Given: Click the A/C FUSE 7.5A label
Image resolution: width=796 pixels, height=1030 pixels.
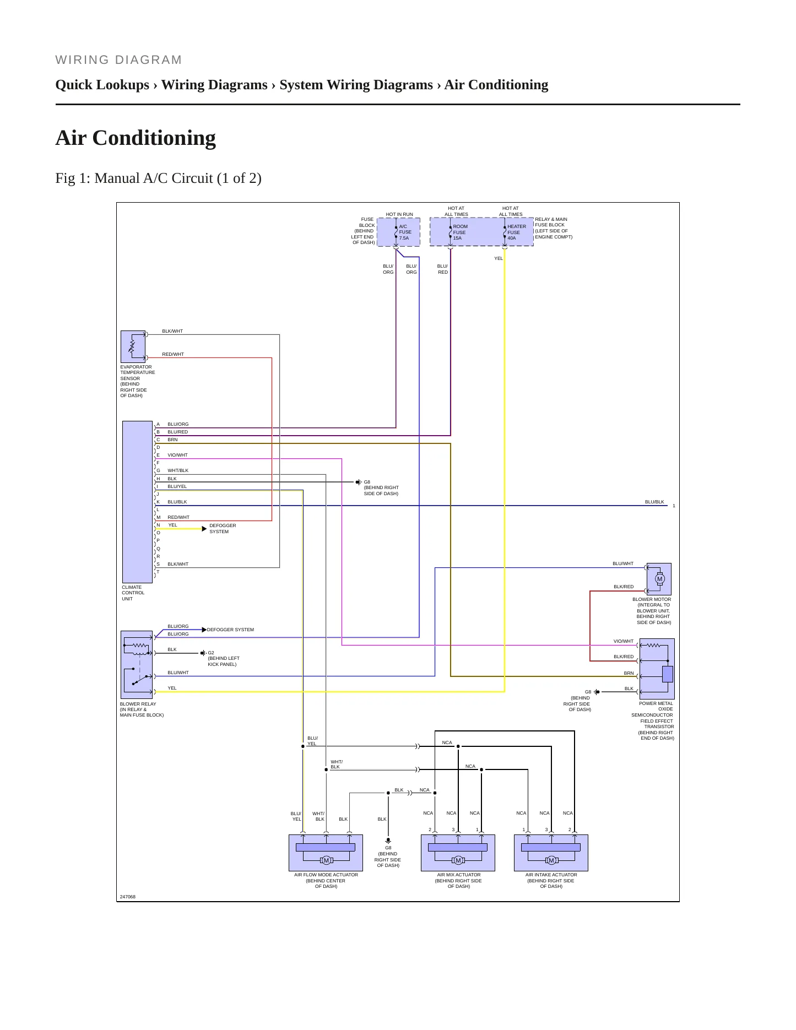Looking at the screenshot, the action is (x=405, y=232).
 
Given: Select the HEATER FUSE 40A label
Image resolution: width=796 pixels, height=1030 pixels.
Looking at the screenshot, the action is (x=516, y=232).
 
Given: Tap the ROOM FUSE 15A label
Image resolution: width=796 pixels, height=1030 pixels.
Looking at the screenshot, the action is (x=460, y=232).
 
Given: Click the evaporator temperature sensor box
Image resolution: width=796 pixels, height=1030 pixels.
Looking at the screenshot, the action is (x=133, y=346).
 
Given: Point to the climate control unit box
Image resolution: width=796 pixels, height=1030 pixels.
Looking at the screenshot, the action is (x=137, y=502).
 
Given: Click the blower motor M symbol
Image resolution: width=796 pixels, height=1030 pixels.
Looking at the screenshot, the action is (x=660, y=579).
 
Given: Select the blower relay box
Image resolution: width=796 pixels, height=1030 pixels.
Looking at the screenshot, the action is (x=137, y=665).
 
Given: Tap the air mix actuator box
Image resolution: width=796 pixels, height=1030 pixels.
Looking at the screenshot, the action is (x=458, y=853).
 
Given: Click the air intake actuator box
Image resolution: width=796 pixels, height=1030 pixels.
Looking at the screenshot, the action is (x=551, y=853).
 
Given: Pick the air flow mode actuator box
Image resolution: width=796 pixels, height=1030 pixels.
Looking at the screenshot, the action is (x=326, y=853).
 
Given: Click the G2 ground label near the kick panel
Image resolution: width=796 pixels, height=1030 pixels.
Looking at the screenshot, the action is (x=211, y=653).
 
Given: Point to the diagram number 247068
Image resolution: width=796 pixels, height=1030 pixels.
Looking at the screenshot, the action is (x=128, y=897).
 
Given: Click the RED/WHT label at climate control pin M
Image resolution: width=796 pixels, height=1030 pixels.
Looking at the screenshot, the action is (x=178, y=517).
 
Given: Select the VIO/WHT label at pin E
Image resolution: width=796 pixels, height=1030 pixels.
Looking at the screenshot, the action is (x=177, y=455).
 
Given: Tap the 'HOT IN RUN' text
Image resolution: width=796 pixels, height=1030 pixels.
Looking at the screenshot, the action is (x=399, y=214).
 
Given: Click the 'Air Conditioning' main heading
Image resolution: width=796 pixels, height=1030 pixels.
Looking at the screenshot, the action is (x=136, y=138).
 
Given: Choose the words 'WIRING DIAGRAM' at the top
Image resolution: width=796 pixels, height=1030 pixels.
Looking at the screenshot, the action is (x=118, y=60).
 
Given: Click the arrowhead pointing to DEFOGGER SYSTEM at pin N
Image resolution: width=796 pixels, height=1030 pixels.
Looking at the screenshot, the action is (x=204, y=529).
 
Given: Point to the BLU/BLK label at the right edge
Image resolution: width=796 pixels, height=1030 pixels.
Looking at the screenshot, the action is (x=654, y=502).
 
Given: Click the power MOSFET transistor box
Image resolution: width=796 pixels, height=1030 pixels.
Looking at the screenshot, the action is (x=657, y=669).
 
